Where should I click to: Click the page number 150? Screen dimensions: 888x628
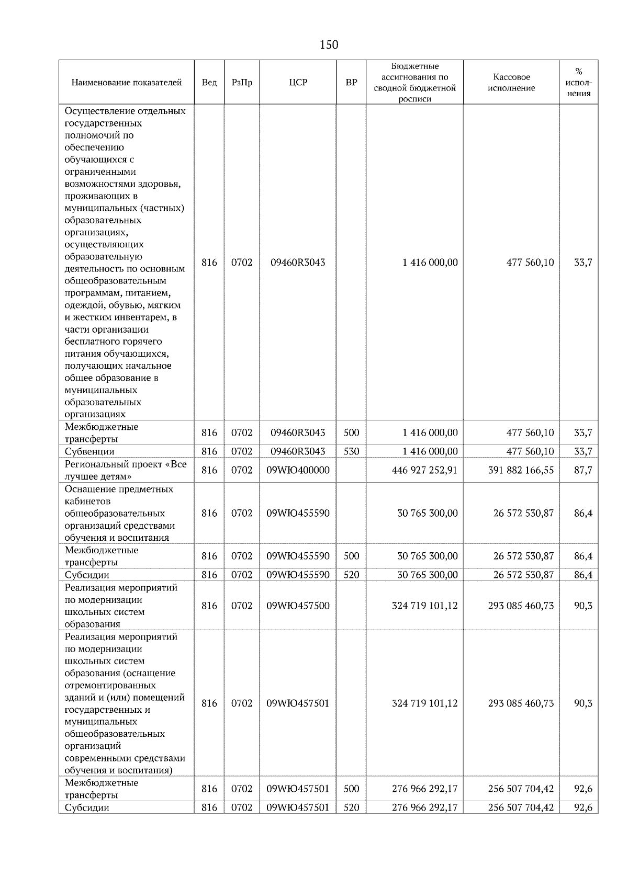pyautogui.click(x=329, y=45)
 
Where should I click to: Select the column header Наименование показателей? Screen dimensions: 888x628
pyautogui.click(x=126, y=83)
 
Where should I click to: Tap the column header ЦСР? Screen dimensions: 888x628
pyautogui.click(x=298, y=83)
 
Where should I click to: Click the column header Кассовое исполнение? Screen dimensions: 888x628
pyautogui.click(x=511, y=83)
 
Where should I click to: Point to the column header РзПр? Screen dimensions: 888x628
pyautogui.click(x=242, y=83)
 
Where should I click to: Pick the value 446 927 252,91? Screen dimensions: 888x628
pyautogui.click(x=424, y=470)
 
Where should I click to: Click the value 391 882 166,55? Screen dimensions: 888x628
pyautogui.click(x=521, y=470)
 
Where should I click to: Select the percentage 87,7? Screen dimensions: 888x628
pyautogui.click(x=583, y=470)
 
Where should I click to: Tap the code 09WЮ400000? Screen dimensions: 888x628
pyautogui.click(x=298, y=470)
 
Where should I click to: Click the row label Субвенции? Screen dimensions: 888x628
pyautogui.click(x=89, y=451)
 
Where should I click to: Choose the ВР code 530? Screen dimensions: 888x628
pyautogui.click(x=351, y=451)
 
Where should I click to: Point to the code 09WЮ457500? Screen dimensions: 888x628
pyautogui.click(x=298, y=606)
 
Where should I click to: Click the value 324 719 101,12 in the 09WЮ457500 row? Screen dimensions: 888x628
pyautogui.click(x=424, y=606)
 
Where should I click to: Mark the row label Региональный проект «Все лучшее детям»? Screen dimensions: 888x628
pyautogui.click(x=126, y=470)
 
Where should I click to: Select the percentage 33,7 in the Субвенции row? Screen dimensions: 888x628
pyautogui.click(x=583, y=451)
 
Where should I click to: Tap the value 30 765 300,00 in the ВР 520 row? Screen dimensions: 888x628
pyautogui.click(x=427, y=575)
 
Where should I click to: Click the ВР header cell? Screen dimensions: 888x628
pyautogui.click(x=351, y=83)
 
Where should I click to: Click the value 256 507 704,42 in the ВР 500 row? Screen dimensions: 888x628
pyautogui.click(x=521, y=789)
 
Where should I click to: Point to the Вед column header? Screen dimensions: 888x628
pyautogui.click(x=209, y=83)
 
